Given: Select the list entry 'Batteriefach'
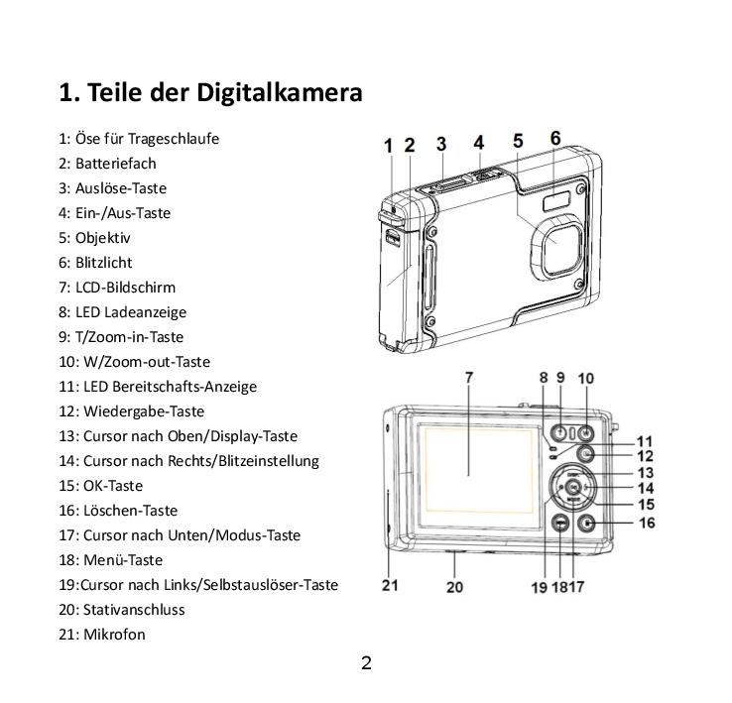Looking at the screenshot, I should [115, 164].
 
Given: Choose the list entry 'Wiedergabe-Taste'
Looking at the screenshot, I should [143, 411].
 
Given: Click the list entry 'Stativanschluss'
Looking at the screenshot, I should [134, 610].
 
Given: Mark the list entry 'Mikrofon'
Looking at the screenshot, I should [114, 635].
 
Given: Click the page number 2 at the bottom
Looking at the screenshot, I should [366, 663].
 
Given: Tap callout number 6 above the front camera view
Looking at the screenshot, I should [555, 139].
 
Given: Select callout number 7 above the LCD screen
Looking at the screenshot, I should [468, 378].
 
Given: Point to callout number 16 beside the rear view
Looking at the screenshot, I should [646, 523].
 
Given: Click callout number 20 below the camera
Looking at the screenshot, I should [454, 586].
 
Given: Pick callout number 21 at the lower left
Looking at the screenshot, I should [390, 585].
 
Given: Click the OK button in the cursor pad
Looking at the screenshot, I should [573, 488].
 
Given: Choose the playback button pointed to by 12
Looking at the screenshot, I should [586, 455].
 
